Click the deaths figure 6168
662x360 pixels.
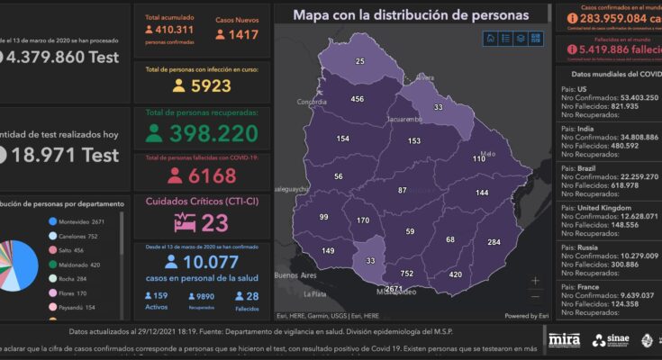(213, 175)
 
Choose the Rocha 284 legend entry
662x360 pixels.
(77, 279)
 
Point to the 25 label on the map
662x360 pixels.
(360, 61)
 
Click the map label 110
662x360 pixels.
(478, 158)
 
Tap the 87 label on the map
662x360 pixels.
(402, 191)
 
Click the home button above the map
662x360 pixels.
(491, 38)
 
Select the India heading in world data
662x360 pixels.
(586, 129)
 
